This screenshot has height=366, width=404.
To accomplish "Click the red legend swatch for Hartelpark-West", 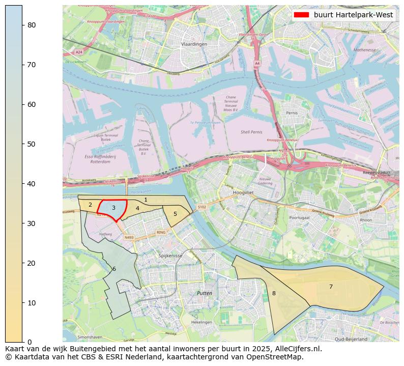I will click(301, 15).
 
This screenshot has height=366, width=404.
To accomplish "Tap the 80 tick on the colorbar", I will click(22, 25).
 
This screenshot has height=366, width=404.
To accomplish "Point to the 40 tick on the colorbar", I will click(22, 184).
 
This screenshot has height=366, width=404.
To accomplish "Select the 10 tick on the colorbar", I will click(22, 303).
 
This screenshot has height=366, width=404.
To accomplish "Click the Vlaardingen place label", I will click(194, 45).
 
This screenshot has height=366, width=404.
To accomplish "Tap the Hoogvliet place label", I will click(243, 193).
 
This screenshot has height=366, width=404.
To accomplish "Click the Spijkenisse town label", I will click(170, 256).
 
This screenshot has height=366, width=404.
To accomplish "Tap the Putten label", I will click(204, 294).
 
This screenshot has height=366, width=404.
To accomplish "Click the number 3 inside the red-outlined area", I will click(113, 208).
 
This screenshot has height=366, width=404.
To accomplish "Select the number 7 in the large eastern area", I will click(331, 287).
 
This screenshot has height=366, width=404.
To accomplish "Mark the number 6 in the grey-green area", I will click(114, 269).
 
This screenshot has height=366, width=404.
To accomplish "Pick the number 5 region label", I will click(175, 214).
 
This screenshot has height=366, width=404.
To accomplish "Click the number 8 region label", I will click(274, 293).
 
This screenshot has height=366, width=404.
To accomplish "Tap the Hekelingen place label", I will click(201, 322).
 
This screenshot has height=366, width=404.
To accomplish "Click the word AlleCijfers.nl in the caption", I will click(296, 349).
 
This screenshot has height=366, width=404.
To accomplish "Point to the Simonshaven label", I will click(89, 337).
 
